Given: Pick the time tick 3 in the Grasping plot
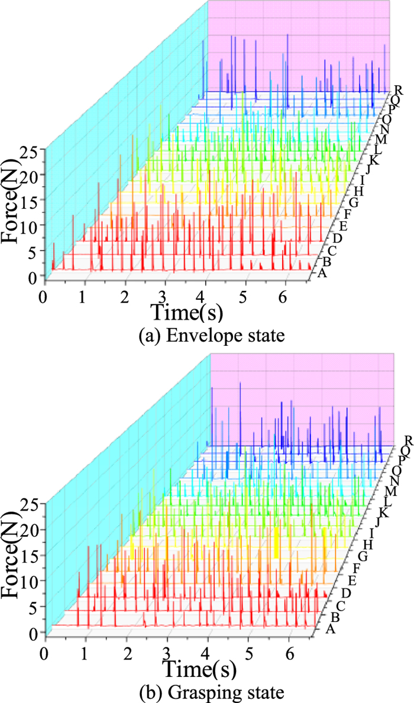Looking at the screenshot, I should coord(167,652).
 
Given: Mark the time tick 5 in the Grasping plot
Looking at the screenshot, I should coord(248,652).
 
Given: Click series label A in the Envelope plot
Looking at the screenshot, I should coord(322,273).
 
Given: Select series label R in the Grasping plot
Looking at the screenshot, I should coord(407,440).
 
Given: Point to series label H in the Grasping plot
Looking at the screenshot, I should coord(368,544).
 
